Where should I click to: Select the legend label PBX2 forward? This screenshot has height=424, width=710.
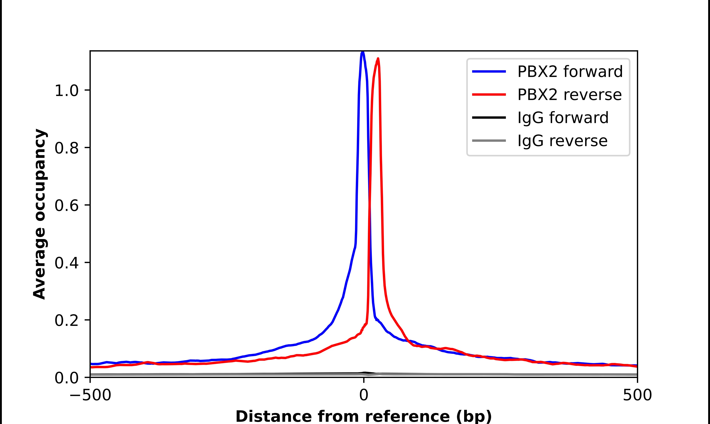click(570, 71)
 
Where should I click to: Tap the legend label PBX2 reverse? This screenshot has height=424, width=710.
click(569, 95)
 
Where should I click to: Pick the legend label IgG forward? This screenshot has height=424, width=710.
click(563, 118)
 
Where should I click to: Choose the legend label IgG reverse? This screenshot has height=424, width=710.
click(562, 141)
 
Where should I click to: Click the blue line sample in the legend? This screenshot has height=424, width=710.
click(489, 71)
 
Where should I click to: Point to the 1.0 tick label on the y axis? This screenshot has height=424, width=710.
click(66, 91)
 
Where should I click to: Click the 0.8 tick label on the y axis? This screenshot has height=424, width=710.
click(66, 149)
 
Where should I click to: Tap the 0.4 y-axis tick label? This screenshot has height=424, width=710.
click(66, 263)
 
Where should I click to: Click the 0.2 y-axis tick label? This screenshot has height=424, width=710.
click(66, 321)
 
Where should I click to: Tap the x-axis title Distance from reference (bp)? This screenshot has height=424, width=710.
click(363, 416)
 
